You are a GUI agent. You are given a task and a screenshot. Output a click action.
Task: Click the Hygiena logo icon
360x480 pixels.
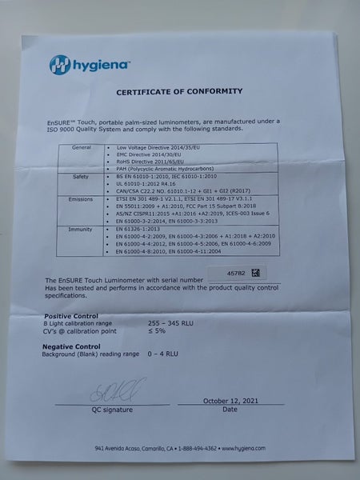point(61,65)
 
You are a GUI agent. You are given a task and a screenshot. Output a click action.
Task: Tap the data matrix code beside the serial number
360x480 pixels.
point(257,273)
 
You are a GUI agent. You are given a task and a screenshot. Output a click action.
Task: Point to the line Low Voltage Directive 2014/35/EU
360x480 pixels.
point(159,148)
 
